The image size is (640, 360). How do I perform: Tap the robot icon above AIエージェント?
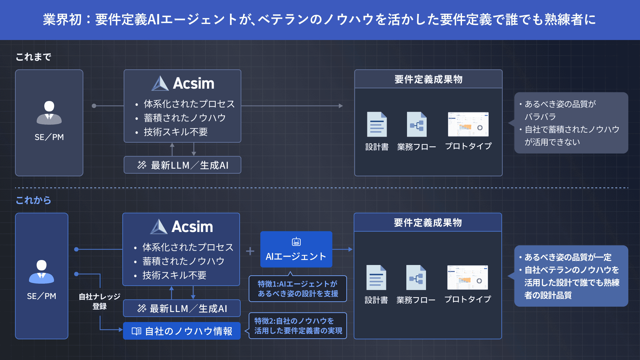(x=296, y=242)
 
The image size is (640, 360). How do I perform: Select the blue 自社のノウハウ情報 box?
(x=182, y=331)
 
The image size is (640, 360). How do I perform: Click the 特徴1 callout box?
(x=298, y=289)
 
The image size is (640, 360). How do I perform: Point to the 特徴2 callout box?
(x=298, y=326)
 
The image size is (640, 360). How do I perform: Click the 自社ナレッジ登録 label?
(x=99, y=301)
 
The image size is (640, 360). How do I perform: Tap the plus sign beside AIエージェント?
(x=250, y=251)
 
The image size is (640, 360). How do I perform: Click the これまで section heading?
(x=33, y=57)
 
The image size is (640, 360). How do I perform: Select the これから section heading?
(x=33, y=200)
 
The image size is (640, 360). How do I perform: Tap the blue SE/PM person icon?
(x=41, y=272)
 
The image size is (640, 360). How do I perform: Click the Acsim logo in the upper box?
(x=183, y=83)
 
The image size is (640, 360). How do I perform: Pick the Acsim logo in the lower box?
(x=182, y=227)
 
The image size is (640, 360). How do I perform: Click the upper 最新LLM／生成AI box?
(x=182, y=165)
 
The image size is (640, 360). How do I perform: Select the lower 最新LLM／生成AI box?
(x=182, y=308)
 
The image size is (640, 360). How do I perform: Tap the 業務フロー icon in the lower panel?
(x=416, y=277)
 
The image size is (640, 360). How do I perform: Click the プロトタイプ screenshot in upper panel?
(x=468, y=124)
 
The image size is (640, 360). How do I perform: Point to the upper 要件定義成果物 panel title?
(x=428, y=79)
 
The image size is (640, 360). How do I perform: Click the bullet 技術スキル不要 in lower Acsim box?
(x=174, y=275)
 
